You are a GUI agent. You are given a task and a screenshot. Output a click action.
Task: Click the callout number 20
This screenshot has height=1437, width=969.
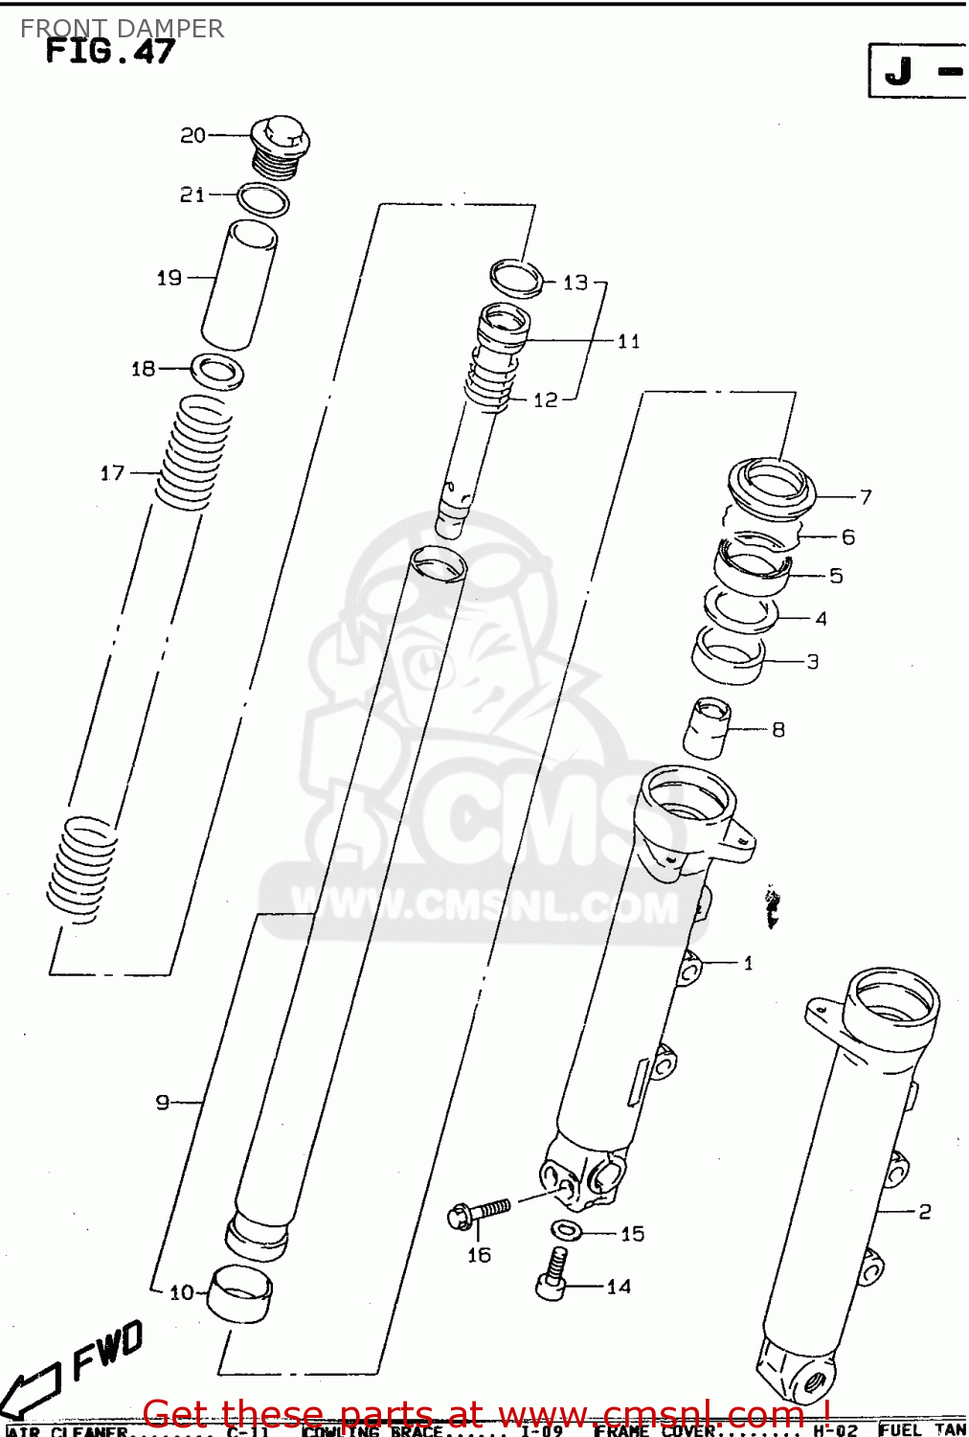tap(192, 136)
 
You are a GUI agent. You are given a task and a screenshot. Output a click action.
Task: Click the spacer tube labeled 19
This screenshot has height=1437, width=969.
tap(239, 285)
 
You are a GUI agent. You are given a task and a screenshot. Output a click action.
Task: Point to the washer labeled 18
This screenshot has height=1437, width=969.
tap(217, 371)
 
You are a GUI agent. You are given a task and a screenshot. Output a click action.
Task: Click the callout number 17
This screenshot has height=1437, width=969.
tap(112, 472)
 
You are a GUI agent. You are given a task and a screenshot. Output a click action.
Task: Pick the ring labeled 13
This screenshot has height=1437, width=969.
tap(517, 278)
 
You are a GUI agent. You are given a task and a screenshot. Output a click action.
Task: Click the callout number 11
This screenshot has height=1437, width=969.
tap(628, 341)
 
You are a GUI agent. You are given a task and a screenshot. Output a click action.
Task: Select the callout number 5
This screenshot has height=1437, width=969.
tap(836, 576)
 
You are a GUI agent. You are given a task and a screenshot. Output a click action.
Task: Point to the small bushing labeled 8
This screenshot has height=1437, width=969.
tap(708, 727)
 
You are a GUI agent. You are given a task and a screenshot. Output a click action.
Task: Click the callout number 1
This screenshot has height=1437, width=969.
tap(748, 963)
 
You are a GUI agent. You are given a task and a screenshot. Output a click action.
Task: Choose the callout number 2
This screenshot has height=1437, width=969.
tap(924, 1212)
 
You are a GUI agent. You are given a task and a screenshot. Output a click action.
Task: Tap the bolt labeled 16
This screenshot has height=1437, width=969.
tap(479, 1213)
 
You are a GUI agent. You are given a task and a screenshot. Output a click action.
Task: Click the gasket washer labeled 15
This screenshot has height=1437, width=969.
tap(566, 1230)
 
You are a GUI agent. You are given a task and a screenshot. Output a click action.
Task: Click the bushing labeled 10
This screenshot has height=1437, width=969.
tap(239, 1292)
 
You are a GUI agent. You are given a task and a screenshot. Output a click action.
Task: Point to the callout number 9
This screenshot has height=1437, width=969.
tap(162, 1103)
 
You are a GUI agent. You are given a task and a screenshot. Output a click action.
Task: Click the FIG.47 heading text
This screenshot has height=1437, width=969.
tap(110, 51)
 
